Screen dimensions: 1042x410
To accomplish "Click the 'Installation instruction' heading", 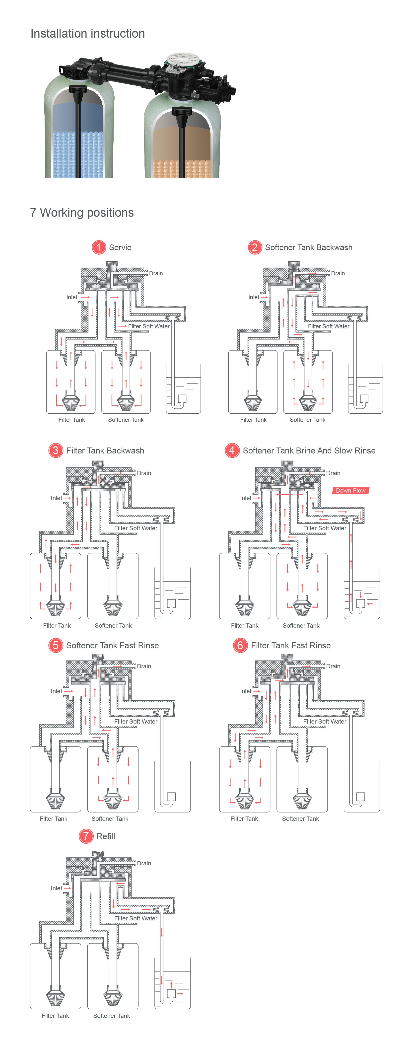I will pyautogui.click(x=87, y=34).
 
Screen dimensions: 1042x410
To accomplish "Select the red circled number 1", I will pyautogui.click(x=98, y=247).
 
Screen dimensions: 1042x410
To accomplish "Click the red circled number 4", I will pyautogui.click(x=232, y=450).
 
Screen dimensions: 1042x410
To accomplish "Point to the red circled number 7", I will pyautogui.click(x=86, y=836).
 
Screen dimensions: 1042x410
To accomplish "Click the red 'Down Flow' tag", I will pyautogui.click(x=350, y=490).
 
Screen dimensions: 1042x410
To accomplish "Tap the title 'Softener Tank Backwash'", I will pyautogui.click(x=309, y=247).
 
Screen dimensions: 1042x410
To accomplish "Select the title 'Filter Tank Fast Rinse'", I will pyautogui.click(x=291, y=645).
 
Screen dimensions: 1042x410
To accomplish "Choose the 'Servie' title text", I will pyautogui.click(x=120, y=247).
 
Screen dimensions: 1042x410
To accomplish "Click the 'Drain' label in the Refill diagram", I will pyautogui.click(x=144, y=863).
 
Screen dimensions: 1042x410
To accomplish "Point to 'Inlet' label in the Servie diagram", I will pyautogui.click(x=71, y=297).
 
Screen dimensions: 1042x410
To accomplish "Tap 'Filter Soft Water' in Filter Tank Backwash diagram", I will pyautogui.click(x=136, y=528).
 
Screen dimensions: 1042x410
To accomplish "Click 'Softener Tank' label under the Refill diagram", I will pyautogui.click(x=112, y=1015).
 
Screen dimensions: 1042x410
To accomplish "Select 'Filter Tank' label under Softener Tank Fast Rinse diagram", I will pyautogui.click(x=53, y=818).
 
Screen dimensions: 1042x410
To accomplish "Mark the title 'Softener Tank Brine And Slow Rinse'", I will pyautogui.click(x=309, y=450).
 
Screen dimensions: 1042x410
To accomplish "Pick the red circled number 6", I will pyautogui.click(x=240, y=645).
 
